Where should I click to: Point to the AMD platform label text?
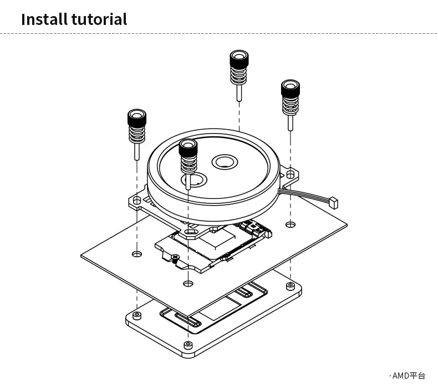(408, 376)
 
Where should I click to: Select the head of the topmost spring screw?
(239, 58)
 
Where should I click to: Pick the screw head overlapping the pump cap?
(189, 147)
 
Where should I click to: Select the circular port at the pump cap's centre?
(224, 162)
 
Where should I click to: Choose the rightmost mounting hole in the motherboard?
(290, 224)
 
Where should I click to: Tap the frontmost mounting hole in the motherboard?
(188, 284)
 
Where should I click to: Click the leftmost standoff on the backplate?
(136, 316)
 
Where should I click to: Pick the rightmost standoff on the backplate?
(290, 286)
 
